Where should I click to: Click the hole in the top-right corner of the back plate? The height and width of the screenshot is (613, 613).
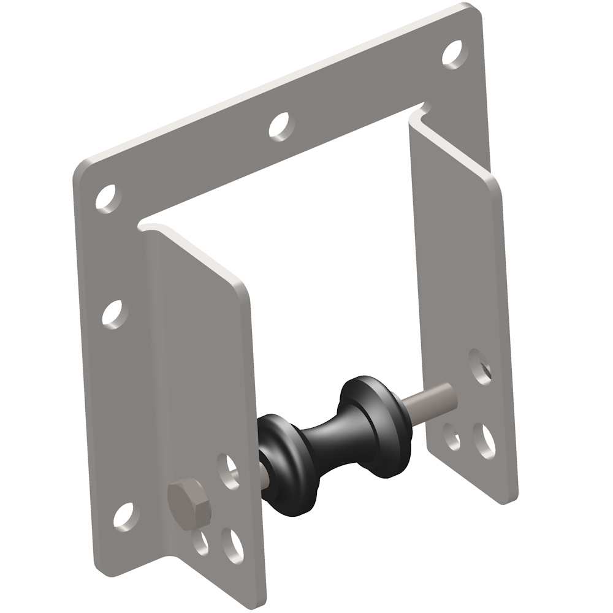(x=452, y=54)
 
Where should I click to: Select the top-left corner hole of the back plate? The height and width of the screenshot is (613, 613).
(x=108, y=198)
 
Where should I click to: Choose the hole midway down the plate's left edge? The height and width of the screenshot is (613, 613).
(x=114, y=314)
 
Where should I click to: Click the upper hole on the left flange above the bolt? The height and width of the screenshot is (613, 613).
(x=230, y=471)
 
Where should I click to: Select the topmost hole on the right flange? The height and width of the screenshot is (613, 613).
(x=479, y=366)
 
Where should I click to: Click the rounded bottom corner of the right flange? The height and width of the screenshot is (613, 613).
(x=509, y=499)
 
